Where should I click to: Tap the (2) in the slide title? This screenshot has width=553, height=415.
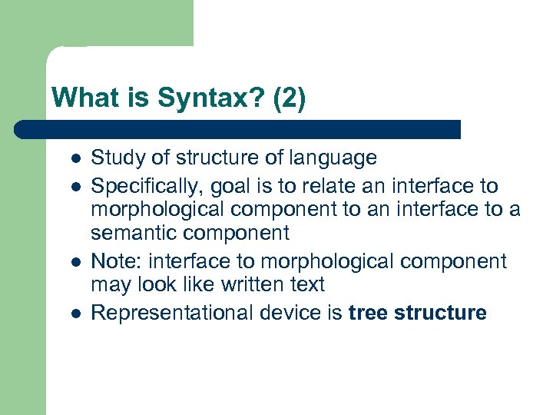pyautogui.click(x=289, y=99)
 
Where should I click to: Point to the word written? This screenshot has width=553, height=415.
pyautogui.click(x=246, y=284)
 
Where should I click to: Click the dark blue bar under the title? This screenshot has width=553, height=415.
pyautogui.click(x=238, y=129)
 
